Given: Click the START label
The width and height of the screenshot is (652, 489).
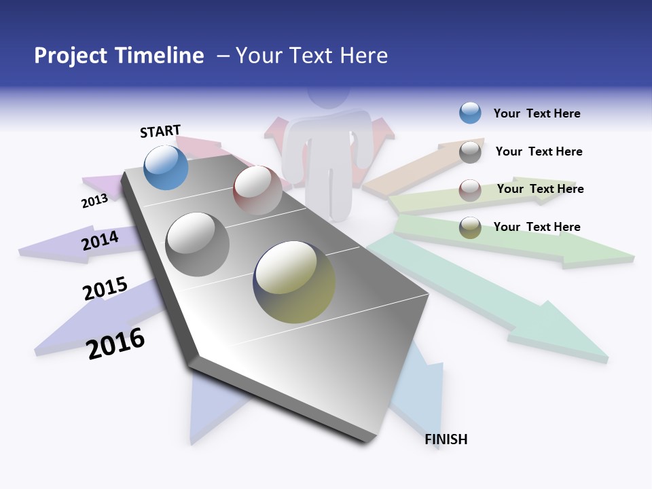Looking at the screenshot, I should click(160, 130).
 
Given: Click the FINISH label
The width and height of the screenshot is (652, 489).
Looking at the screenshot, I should click(446, 439).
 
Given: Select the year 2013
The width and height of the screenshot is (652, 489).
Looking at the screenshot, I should click(94, 201).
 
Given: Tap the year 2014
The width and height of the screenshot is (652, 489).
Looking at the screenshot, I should click(101, 240).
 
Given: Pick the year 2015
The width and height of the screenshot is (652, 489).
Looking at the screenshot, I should click(105, 289).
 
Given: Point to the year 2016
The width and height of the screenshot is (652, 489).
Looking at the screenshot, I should click(116, 344).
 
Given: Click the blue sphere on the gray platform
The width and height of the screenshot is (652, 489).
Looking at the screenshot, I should click(166, 167).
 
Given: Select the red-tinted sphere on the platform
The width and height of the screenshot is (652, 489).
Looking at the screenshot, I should click(257, 190).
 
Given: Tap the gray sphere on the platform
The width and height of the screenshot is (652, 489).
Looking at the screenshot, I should click(198, 244).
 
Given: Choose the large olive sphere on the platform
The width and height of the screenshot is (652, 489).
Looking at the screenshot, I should click(294, 282).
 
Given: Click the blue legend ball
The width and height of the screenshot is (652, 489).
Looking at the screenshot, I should click(470, 113).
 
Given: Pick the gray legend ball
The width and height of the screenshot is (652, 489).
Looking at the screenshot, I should click(470, 152).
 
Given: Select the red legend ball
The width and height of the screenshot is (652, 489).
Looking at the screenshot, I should click(470, 189).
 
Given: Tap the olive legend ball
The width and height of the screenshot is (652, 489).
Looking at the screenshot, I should click(470, 228).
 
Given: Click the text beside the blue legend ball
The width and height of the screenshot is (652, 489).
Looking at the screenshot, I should click(537, 113).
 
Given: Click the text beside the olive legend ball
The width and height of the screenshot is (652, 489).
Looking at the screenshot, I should click(537, 227).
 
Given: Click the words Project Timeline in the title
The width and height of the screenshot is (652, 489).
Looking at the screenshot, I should click(119, 56).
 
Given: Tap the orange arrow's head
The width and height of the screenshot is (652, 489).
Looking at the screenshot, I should click(469, 146).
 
